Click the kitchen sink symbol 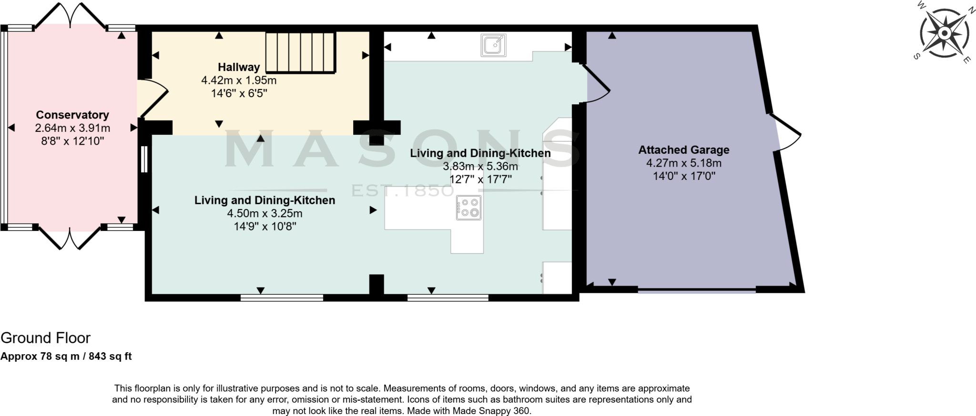(x=493, y=46)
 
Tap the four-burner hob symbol (x=468, y=208)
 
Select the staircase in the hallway (x=300, y=52)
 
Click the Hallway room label (x=239, y=67)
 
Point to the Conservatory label (x=72, y=115)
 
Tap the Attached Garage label (x=683, y=150)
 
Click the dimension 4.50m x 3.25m (x=264, y=213)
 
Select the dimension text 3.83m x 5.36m (x=480, y=166)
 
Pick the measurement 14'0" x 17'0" (x=683, y=176)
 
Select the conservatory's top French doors (x=71, y=15)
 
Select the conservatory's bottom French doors (x=70, y=238)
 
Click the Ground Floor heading (x=45, y=338)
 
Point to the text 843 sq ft (x=110, y=356)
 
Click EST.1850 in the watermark (x=403, y=191)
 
